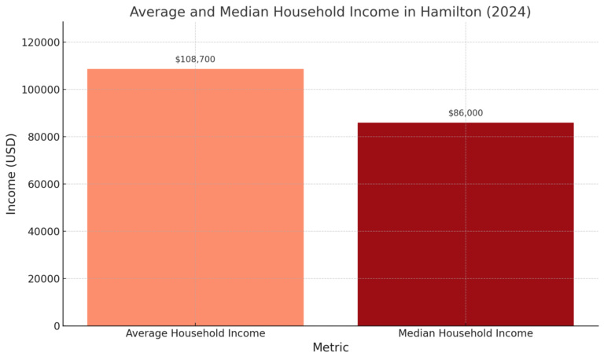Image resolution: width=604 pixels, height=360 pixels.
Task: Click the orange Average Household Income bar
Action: [x=195, y=197]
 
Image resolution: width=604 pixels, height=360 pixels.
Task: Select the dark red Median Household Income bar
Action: [x=466, y=223]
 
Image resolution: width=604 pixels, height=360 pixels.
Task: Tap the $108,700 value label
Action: [x=195, y=60]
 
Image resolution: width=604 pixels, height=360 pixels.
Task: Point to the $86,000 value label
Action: [x=466, y=113]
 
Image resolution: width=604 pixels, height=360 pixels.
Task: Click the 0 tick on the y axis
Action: [x=57, y=326]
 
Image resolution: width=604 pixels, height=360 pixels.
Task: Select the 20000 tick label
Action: [x=41, y=279]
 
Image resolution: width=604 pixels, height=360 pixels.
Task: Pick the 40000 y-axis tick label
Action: [x=41, y=232]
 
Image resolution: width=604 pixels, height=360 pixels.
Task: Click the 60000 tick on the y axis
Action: [x=41, y=185]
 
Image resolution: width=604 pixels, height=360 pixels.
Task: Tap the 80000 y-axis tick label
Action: [x=41, y=137]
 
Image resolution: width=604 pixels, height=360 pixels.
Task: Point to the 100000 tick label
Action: [x=38, y=90]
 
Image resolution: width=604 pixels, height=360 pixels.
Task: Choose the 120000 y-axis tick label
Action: [x=38, y=42]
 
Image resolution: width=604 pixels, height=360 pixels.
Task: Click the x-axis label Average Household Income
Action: [x=195, y=333]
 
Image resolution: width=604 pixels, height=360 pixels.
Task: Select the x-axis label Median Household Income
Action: [x=466, y=333]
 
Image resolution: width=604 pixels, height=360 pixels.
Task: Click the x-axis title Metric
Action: [x=330, y=347]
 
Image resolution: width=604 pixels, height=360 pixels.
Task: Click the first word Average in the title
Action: [x=157, y=12]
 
